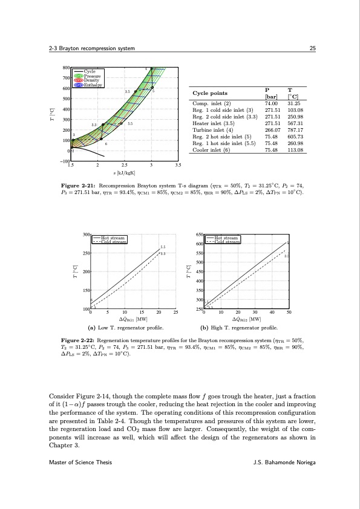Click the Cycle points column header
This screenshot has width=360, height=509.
click(211, 94)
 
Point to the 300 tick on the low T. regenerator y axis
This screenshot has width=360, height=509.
click(85, 234)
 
